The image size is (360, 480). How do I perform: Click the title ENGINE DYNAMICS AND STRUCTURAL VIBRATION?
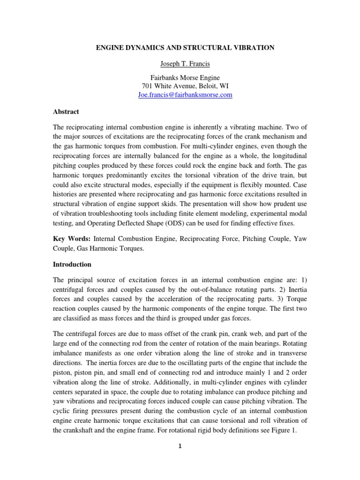pos(180,48)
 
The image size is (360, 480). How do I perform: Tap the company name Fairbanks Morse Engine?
pos(180,78)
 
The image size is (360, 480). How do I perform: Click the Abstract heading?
pos(66,112)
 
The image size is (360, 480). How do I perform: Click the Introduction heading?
pos(72,264)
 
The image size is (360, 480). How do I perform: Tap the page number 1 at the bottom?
pos(180,446)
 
